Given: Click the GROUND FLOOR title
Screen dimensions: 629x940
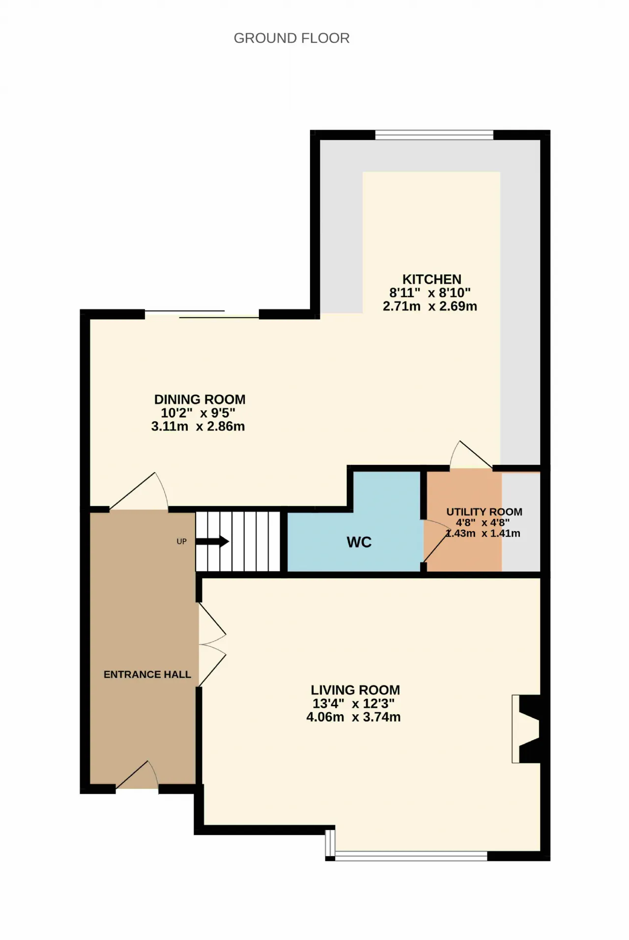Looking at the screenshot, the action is click(x=291, y=38).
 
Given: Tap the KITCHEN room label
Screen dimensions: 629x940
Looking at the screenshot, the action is click(x=432, y=279).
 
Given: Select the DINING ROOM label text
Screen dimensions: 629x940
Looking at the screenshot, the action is click(x=200, y=400).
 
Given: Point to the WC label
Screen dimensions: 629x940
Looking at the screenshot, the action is click(x=359, y=542).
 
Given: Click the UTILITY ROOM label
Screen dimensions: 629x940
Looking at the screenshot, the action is click(x=484, y=512).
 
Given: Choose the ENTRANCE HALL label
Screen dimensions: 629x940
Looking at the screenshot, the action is click(x=147, y=674).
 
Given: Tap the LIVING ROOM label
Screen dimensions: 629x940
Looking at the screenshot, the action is click(x=355, y=690).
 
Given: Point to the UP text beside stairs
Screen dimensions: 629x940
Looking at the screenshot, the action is click(x=182, y=541).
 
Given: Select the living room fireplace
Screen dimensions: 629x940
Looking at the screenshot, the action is click(x=526, y=728).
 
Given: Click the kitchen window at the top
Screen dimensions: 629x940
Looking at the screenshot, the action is click(x=434, y=134).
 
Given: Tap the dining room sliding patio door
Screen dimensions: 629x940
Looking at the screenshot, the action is click(x=202, y=314).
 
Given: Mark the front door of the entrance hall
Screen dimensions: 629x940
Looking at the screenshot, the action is click(x=137, y=775).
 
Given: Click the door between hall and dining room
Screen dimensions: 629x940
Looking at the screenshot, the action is click(x=139, y=491).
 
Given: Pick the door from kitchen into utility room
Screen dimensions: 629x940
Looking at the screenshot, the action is click(x=471, y=455).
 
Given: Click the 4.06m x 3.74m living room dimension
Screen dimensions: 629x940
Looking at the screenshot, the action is click(x=353, y=717).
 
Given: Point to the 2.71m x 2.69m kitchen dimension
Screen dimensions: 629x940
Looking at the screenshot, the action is click(x=430, y=306).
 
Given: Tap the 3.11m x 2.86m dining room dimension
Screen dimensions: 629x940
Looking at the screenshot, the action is click(x=198, y=427).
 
